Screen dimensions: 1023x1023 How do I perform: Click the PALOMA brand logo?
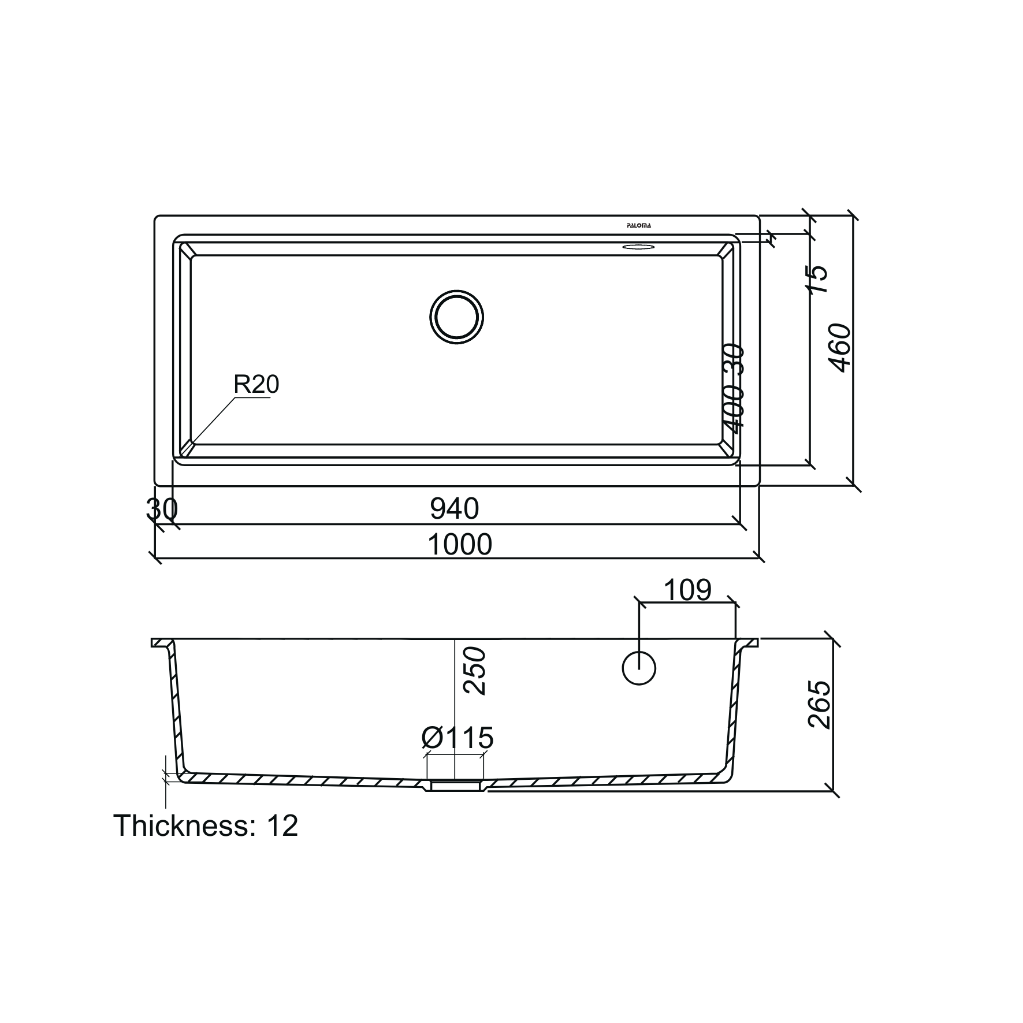coord(639,226)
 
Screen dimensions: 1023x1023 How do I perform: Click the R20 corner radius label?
coord(256,385)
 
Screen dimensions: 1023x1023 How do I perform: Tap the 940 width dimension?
coord(455,509)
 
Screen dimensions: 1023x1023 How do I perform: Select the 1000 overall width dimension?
coord(460,545)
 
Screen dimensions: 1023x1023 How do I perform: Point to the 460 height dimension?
coord(840,348)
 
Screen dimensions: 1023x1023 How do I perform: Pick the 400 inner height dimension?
coord(734,410)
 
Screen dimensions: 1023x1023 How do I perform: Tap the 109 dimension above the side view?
coord(687,590)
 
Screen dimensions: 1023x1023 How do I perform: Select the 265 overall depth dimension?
coord(819,704)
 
